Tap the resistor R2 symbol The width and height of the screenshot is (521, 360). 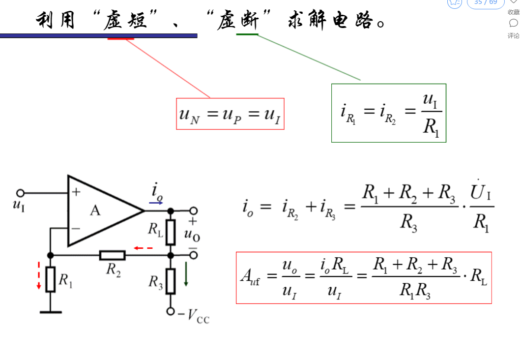pos(112,255)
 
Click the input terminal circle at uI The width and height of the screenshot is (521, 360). pos(21,193)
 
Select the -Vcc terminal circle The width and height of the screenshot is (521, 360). pos(171,311)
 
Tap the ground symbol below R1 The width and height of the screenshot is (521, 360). pos(51,312)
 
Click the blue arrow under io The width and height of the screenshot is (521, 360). pos(156,202)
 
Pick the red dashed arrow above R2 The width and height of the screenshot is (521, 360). pos(144,248)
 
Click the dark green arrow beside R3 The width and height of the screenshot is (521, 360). pos(186,274)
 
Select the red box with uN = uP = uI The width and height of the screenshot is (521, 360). pos(230,114)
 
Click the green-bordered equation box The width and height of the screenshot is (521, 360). pos(388,113)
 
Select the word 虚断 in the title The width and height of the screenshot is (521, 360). pos(239,21)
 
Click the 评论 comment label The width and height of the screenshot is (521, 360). pos(513,35)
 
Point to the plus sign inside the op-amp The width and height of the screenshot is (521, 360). pos(76,192)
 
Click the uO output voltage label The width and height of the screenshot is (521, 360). pos(192,235)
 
